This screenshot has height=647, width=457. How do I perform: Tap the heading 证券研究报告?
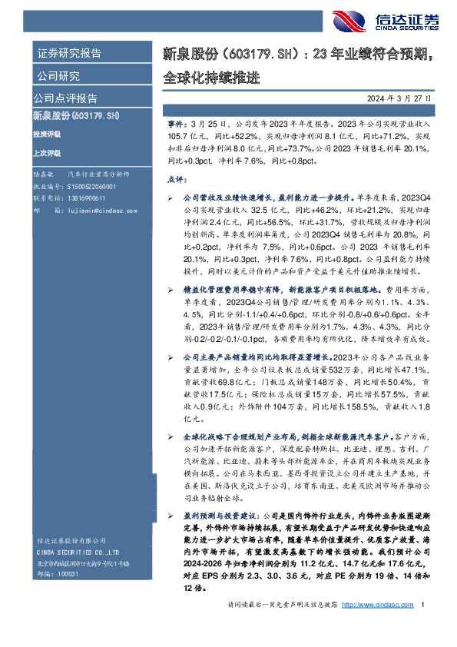[69, 54]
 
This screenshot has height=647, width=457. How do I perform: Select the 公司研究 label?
[58, 76]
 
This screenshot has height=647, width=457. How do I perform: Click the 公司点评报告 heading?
[65, 98]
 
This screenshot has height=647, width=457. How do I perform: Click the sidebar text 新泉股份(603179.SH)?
[76, 115]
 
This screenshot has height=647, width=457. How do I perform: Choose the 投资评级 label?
[46, 134]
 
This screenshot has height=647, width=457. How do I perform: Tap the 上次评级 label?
[46, 153]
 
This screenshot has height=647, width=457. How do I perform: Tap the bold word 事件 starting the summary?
[175, 123]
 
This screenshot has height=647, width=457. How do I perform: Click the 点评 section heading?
[175, 179]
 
